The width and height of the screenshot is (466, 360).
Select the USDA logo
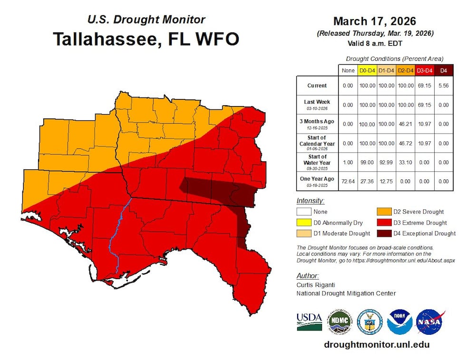[309, 322]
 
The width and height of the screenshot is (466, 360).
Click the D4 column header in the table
[443, 71]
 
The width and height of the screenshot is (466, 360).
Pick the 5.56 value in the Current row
[443, 86]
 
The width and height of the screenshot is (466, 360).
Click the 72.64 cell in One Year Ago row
[348, 181]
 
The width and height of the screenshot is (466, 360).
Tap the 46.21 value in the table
[405, 124]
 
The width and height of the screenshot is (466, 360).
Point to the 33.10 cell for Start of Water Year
[405, 162]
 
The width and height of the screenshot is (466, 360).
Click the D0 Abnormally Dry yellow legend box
[304, 223]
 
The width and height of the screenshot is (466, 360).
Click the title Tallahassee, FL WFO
[146, 39]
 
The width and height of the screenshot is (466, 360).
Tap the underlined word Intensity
[310, 201]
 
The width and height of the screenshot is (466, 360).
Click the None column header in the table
[348, 71]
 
